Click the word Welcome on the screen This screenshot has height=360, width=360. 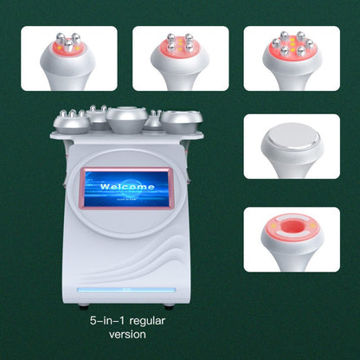pos(127,186)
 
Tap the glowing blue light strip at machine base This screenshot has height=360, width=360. pos(126,286)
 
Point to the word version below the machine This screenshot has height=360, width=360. pos(126,334)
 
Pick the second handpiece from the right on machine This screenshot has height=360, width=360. pos(157,119)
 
